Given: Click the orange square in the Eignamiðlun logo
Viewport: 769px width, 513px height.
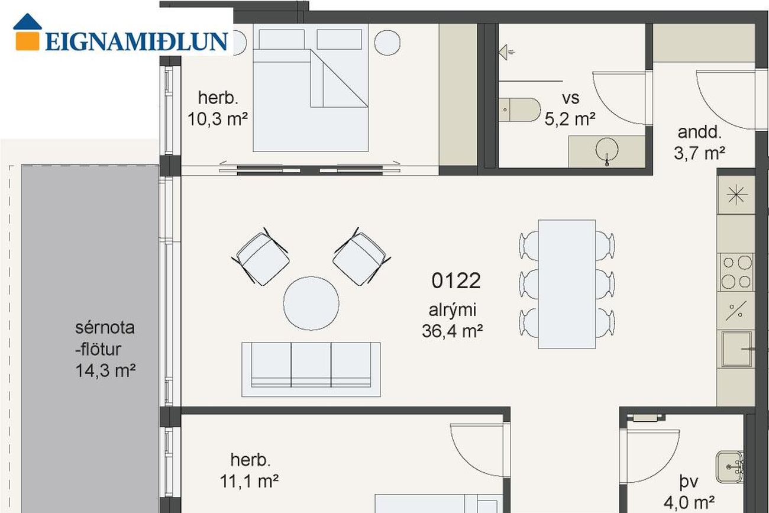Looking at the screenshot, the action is (x=27, y=41).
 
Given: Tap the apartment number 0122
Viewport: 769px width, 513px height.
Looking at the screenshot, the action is (x=455, y=280).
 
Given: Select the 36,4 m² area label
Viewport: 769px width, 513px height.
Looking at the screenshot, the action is (x=452, y=331).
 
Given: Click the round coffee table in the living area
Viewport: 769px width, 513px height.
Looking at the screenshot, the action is (x=311, y=303).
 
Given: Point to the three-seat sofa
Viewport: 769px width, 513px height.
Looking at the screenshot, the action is (x=311, y=369).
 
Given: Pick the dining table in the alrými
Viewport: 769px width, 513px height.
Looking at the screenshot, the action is (x=567, y=285).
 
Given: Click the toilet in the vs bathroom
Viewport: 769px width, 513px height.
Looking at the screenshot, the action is (x=520, y=110).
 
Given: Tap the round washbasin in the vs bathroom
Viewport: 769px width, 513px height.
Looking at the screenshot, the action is (x=606, y=150).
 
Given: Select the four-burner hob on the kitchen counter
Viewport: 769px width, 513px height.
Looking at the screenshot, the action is (x=736, y=272).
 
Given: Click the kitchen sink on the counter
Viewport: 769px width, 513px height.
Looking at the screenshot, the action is (x=736, y=349).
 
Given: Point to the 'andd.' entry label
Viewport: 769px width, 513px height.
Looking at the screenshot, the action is (x=700, y=132).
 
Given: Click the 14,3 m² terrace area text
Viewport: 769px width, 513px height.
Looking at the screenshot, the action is (x=105, y=370).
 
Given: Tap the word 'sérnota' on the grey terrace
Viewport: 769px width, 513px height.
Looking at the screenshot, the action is (x=105, y=328).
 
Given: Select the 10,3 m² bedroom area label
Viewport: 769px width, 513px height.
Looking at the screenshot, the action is (x=217, y=119).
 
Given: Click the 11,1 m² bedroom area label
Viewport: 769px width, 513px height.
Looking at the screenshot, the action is (x=249, y=481).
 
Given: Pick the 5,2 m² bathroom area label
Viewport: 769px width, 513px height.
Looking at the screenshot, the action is (x=570, y=119).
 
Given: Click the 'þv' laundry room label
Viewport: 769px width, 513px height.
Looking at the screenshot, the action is (x=689, y=481).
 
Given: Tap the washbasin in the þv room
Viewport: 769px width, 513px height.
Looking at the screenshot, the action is (x=730, y=467).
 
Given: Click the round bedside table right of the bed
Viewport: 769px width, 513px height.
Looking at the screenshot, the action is (x=387, y=43).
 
